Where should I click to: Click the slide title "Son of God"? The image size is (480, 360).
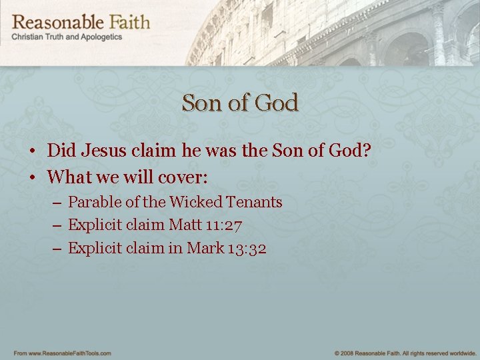tap(240, 103)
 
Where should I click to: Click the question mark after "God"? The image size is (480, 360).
tap(365, 151)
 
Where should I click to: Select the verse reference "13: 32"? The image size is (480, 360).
tap(247, 249)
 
